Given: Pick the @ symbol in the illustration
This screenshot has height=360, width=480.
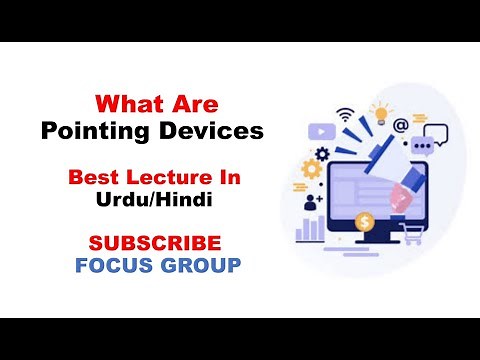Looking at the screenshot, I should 400,126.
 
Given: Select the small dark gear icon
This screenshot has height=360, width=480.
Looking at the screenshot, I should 322,154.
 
